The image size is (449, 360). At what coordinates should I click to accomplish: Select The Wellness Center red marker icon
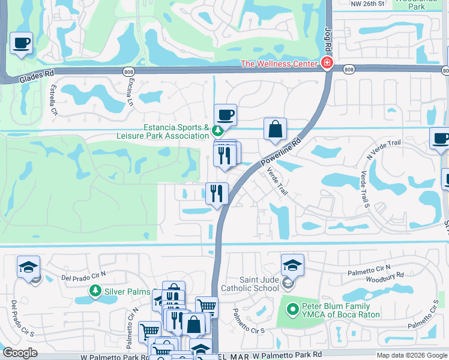(x=327, y=63)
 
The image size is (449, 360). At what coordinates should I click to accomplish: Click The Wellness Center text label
(x=279, y=64)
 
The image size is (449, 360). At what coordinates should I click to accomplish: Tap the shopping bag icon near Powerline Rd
(x=275, y=129)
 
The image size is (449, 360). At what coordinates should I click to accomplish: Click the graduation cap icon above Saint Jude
(x=292, y=265)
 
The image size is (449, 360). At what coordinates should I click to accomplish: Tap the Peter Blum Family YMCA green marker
(x=292, y=310)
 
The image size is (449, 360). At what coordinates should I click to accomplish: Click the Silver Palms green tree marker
(x=95, y=291)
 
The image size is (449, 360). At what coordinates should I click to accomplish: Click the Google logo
(x=20, y=353)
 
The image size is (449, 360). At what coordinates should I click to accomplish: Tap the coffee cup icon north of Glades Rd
(x=22, y=43)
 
